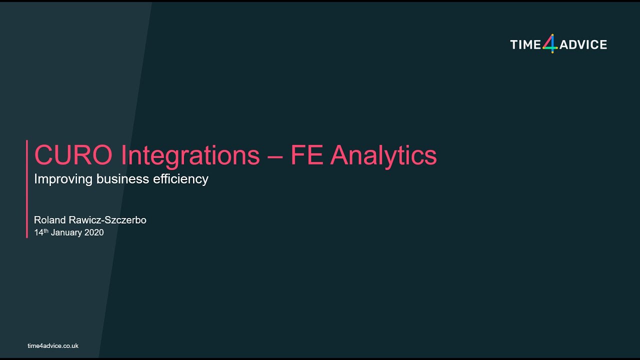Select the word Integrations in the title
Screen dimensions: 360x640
[190, 155]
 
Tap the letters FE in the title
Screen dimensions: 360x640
[307, 155]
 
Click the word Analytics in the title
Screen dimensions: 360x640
[383, 155]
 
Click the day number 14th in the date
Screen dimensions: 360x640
[40, 232]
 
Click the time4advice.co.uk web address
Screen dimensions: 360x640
[53, 346]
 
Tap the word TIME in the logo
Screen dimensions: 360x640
[525, 45]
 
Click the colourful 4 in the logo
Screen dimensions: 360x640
[550, 44]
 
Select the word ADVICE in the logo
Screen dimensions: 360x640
[583, 45]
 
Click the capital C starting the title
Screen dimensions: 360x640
[42, 155]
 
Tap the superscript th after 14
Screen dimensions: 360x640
[46, 230]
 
